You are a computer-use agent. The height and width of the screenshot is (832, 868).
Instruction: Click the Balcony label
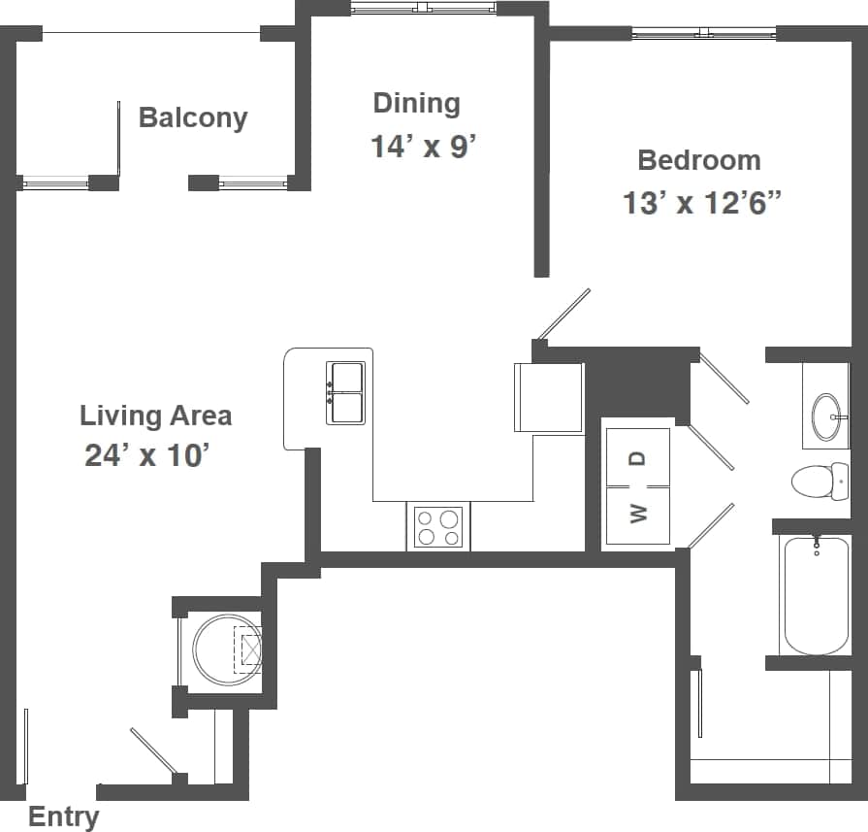point(193,118)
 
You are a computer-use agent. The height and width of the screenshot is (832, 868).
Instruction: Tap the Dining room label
point(416,103)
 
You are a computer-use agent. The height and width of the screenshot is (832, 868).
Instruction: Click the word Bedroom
point(698,160)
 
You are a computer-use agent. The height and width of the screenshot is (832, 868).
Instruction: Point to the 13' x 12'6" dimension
point(701,204)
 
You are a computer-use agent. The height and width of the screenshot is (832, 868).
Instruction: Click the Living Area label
point(155,416)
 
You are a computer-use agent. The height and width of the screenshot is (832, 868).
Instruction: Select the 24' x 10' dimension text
point(146,455)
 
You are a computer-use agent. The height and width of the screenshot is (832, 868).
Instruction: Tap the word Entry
point(63,817)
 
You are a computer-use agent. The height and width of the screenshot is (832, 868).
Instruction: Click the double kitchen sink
point(346,393)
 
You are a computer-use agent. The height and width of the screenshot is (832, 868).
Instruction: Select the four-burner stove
point(437,527)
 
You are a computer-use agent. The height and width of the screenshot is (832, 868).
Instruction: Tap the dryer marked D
point(636,457)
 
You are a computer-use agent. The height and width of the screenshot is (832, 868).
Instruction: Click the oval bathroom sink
point(827,416)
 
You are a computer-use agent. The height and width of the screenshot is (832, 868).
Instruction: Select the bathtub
point(816,596)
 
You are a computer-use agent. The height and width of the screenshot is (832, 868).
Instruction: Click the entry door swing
point(155,752)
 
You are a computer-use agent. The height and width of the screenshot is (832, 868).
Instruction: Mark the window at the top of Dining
point(423,9)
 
